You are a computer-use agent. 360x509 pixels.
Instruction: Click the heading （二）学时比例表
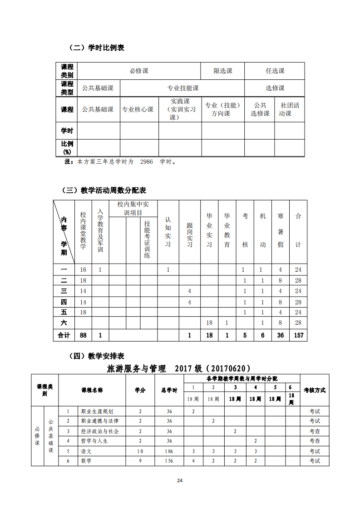point(96,47)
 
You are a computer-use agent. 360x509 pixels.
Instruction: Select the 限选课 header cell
point(223,71)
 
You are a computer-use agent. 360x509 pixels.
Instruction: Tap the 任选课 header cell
point(275,71)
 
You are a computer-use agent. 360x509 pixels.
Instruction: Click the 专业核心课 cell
point(138,109)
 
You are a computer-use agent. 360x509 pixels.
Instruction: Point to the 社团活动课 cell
point(290,109)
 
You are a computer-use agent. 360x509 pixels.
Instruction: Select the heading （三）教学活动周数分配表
point(104,190)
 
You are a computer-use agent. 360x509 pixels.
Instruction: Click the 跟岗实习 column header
point(190,235)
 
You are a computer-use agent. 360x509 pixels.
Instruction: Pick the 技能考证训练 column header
point(148,239)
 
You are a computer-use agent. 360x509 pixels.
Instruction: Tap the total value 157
point(298,335)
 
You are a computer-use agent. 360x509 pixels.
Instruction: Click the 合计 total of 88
point(83,335)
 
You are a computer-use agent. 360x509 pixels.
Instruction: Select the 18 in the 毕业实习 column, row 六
point(209,323)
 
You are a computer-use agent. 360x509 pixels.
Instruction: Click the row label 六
point(64,323)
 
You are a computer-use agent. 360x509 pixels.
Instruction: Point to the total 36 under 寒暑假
point(281,335)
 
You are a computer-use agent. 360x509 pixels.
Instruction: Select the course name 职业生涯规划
point(97,411)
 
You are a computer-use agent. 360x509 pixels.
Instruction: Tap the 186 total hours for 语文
point(169,451)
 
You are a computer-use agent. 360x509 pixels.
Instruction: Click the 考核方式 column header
point(314,390)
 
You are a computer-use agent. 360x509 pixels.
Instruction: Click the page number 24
point(180,481)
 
